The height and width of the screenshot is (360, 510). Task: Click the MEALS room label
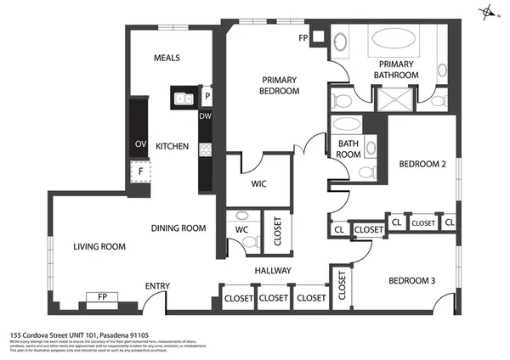point(167,59)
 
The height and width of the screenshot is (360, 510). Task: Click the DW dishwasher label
point(205,116)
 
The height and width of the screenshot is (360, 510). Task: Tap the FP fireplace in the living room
point(102,298)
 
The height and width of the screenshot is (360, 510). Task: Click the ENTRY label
point(158,286)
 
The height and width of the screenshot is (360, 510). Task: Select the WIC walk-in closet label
point(260,183)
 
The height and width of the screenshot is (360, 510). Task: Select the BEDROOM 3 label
point(412,281)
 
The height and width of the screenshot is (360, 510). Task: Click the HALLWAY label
point(274,271)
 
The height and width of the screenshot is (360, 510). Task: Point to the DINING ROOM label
point(178,228)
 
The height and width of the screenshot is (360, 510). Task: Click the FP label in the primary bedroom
point(303,38)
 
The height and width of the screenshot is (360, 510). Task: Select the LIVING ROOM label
point(99,247)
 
